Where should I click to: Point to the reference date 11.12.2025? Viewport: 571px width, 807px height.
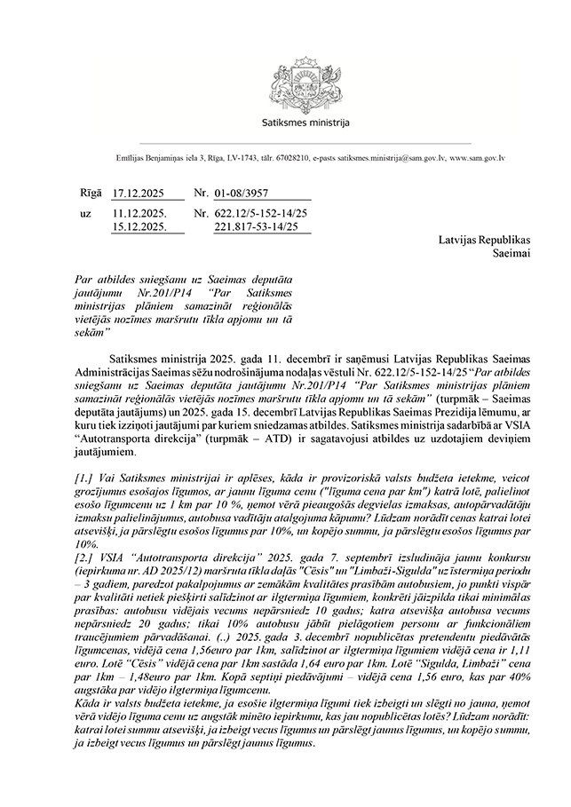tap(139, 214)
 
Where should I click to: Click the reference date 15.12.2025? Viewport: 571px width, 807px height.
tap(139, 227)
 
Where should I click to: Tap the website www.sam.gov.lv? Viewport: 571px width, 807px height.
tap(478, 158)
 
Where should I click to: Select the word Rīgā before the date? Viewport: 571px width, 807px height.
tap(91, 193)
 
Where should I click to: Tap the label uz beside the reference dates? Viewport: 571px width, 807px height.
tap(85, 214)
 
